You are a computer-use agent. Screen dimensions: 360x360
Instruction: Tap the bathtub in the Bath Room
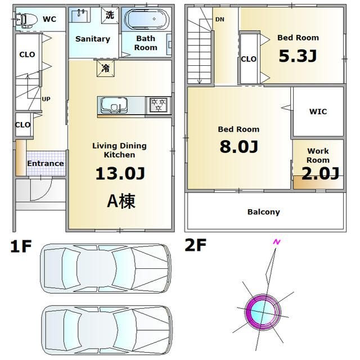click(147, 20)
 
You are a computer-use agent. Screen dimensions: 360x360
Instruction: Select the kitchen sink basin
click(114, 105)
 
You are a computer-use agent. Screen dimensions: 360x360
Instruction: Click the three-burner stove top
click(159, 105)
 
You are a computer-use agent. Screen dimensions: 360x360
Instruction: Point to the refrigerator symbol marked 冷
click(106, 68)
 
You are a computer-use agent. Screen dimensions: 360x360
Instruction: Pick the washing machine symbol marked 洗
click(110, 15)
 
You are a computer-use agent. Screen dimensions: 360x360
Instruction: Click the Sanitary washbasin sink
click(80, 15)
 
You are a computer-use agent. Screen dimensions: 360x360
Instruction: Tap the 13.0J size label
click(120, 173)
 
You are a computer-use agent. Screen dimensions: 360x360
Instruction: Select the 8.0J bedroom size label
click(238, 146)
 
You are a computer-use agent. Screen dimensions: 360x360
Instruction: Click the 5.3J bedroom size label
click(298, 56)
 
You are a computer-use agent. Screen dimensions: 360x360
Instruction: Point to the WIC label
click(318, 111)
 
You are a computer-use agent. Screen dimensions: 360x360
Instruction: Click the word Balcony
click(264, 212)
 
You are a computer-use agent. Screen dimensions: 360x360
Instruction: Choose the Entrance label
click(46, 164)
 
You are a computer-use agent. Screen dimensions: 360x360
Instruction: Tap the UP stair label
click(46, 99)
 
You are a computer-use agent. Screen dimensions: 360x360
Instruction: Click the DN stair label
click(220, 20)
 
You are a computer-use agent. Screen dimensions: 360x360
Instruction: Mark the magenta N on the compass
click(277, 242)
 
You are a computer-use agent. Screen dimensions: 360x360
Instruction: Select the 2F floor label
click(196, 245)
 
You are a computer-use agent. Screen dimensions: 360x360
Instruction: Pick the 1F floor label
click(21, 246)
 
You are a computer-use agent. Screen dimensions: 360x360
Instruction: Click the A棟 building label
click(121, 201)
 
